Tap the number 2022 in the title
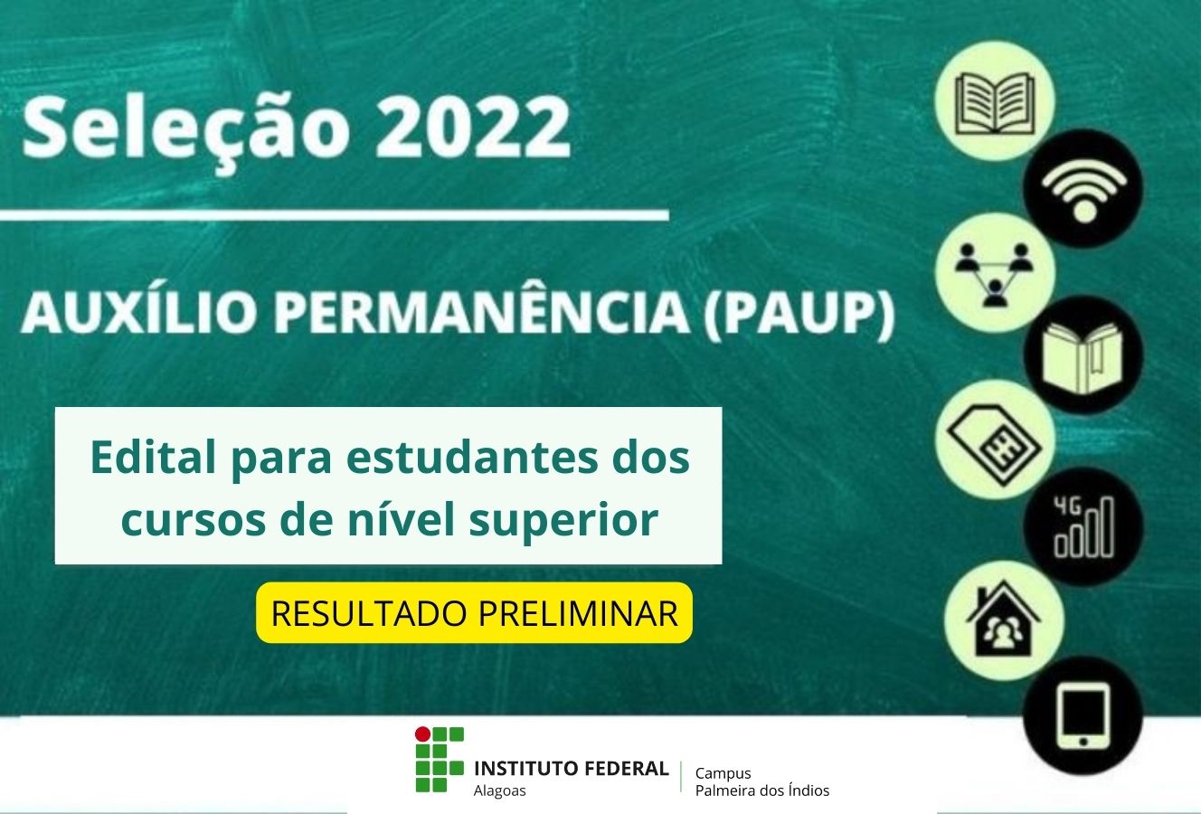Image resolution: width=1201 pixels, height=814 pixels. click(472, 128)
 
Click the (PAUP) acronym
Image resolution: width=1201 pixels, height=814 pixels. click(799, 313)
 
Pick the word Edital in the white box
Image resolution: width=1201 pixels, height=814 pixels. click(154, 458)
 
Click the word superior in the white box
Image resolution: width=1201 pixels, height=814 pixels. click(563, 521)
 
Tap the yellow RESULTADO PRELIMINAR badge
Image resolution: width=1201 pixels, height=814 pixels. click(475, 613)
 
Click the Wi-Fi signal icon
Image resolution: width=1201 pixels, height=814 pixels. click(1083, 190)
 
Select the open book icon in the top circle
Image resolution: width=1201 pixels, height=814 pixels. click(995, 103)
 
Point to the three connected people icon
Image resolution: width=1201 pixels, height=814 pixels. click(995, 274)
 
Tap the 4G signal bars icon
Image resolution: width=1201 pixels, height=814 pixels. click(1084, 527)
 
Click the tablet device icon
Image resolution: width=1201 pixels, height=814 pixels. click(1083, 715)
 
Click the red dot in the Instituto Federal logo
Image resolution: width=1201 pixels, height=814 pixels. click(423, 733)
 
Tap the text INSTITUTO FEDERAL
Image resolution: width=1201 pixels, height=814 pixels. click(571, 769)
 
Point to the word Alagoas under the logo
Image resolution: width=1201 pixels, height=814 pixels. click(500, 791)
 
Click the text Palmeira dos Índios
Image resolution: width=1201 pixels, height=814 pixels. click(761, 790)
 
